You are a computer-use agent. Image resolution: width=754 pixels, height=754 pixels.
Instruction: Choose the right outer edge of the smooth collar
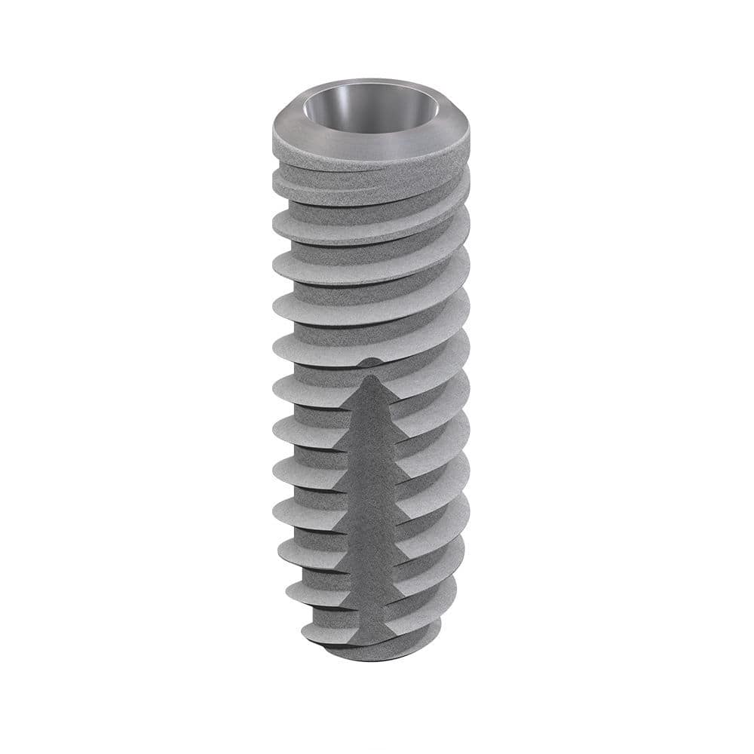coord(468,132)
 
